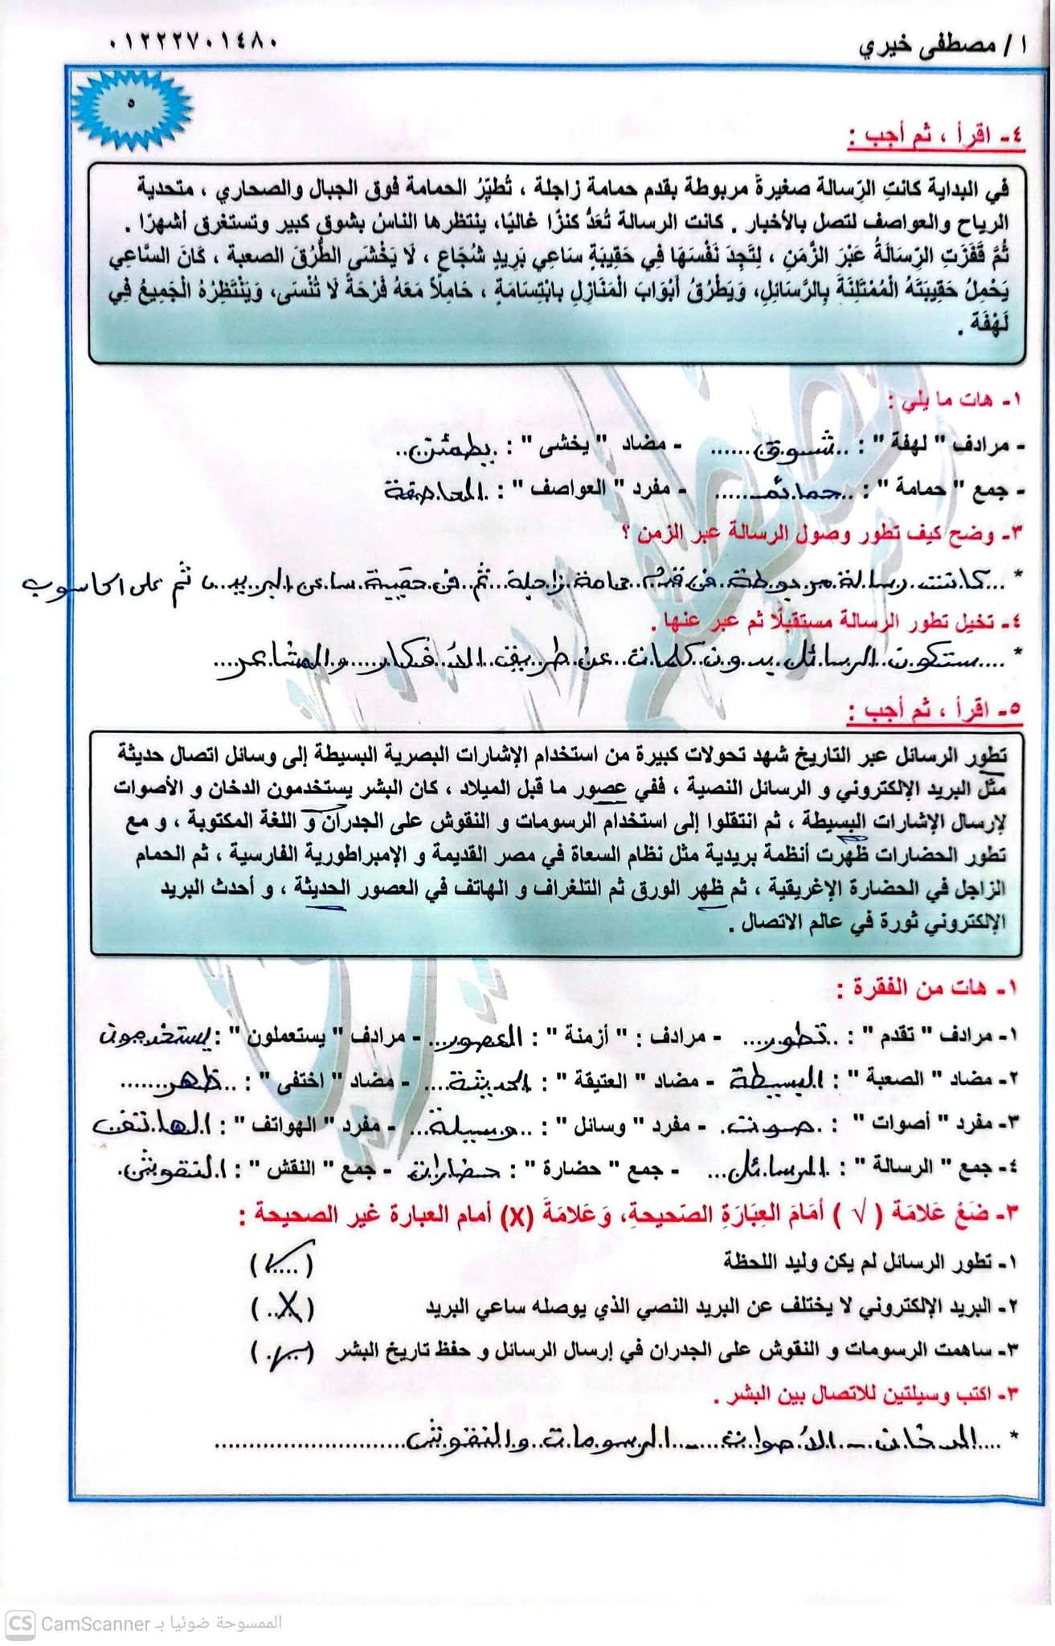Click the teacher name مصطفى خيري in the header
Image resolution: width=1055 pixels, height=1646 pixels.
click(940, 43)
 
